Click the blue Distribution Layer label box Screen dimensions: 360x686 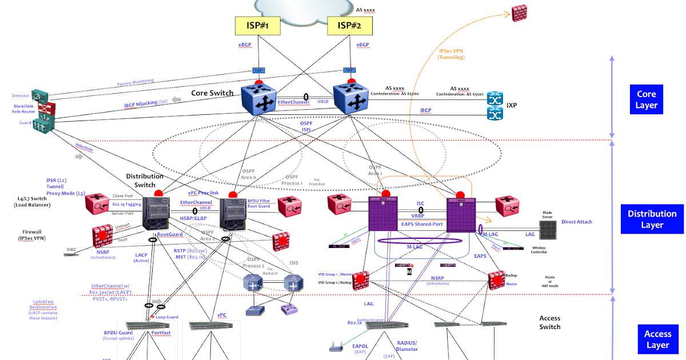click(652, 219)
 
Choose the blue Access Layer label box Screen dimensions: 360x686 click(657, 339)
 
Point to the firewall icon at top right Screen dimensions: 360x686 click(519, 14)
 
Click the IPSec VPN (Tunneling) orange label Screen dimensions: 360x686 click(451, 54)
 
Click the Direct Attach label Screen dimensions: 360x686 click(577, 222)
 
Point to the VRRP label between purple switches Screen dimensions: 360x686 click(417, 216)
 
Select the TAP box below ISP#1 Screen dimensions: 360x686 click(258, 70)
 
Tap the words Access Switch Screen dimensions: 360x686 click(549, 322)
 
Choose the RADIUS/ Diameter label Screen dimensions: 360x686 click(407, 346)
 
